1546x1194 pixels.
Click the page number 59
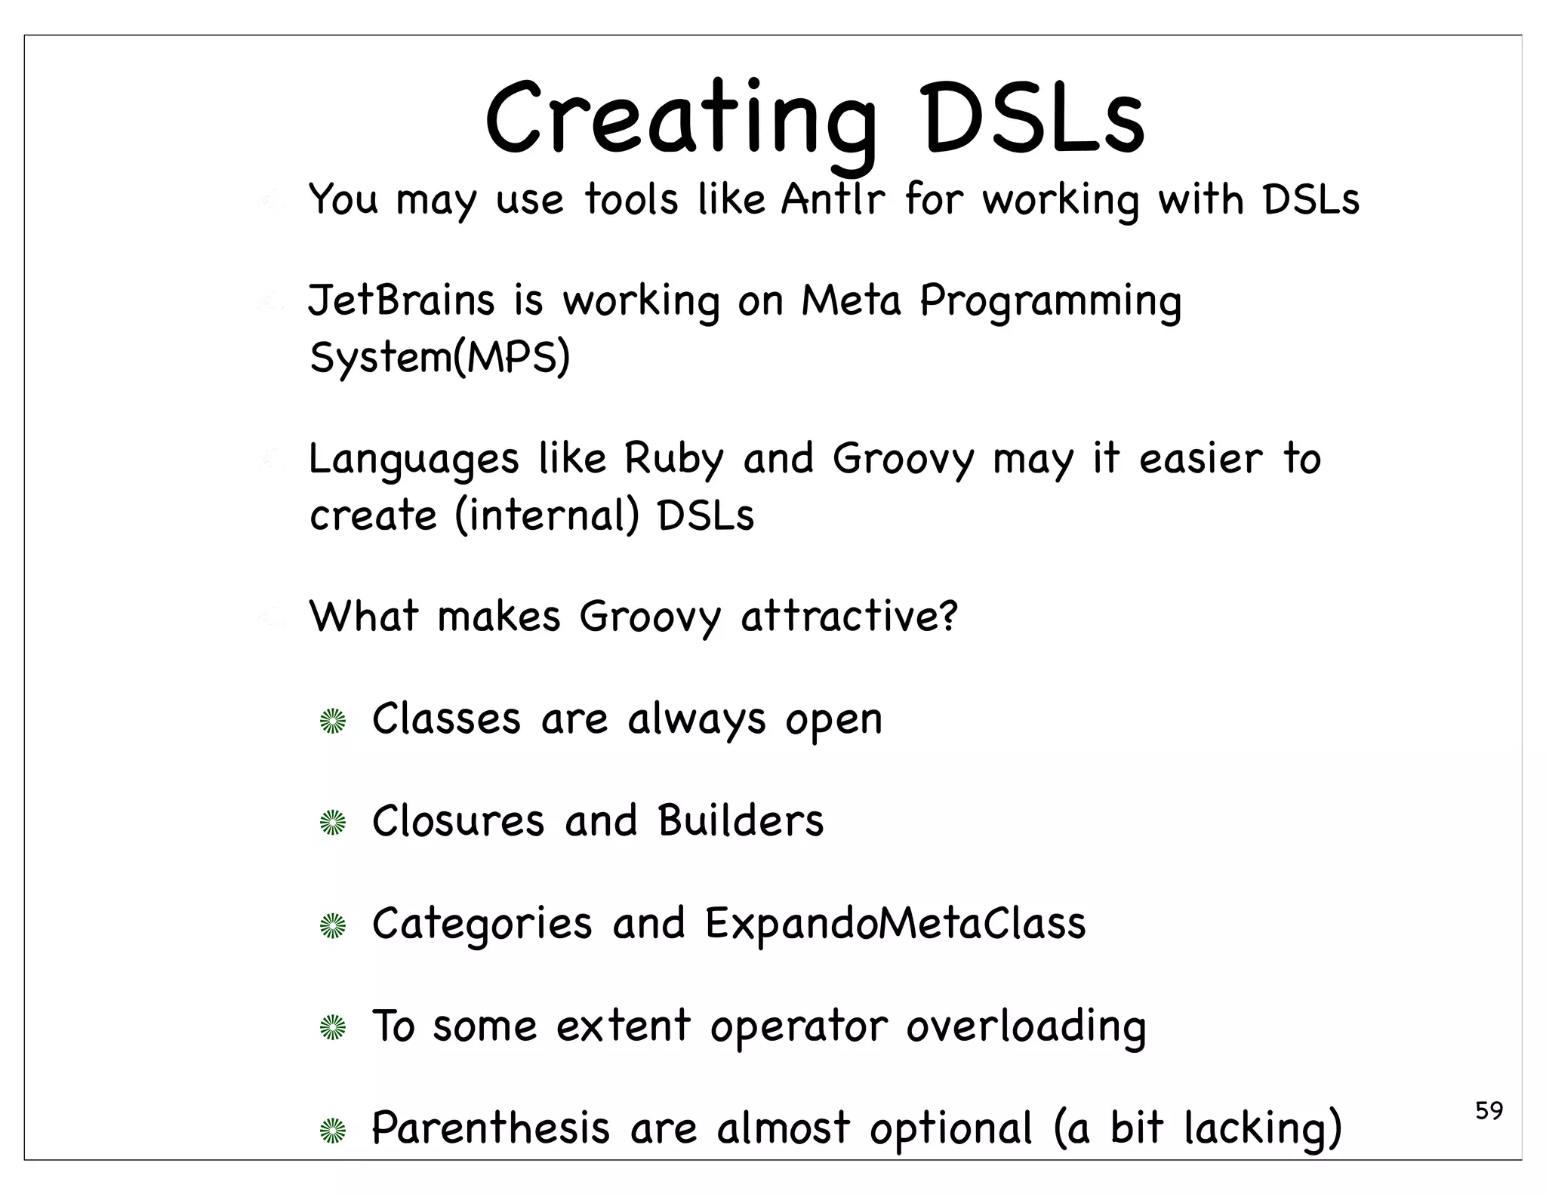coord(1489,1111)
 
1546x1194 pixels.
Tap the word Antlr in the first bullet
coord(832,200)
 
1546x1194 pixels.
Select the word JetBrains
coord(401,300)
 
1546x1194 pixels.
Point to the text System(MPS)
coord(439,357)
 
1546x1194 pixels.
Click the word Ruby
coord(673,459)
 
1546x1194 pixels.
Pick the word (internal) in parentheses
coord(547,516)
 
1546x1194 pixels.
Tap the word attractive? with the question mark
coord(848,617)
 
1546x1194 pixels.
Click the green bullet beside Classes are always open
coord(332,722)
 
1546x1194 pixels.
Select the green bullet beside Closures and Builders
coord(332,823)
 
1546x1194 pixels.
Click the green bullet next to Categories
coord(332,926)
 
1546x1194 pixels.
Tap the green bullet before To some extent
coord(332,1028)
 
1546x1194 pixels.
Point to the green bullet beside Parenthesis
coord(332,1130)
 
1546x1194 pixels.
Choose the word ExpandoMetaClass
coord(895,923)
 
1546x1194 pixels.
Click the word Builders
coord(740,820)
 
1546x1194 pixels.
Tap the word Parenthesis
coord(491,1128)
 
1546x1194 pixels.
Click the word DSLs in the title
coord(1033,121)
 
